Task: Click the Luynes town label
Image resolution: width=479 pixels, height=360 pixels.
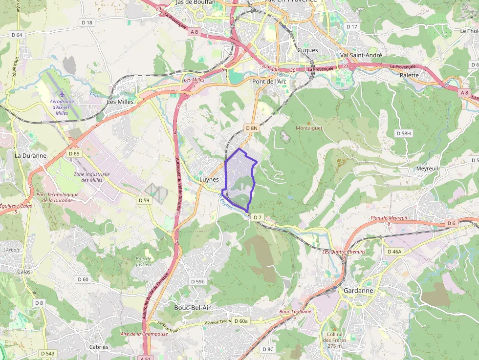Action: pyautogui.click(x=209, y=179)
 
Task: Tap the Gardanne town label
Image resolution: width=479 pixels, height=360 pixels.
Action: pyautogui.click(x=358, y=290)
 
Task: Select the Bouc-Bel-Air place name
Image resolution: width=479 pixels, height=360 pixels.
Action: pyautogui.click(x=193, y=308)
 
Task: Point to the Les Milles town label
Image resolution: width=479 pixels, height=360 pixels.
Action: pyautogui.click(x=120, y=102)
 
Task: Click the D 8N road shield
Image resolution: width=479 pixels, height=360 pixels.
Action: pyautogui.click(x=251, y=128)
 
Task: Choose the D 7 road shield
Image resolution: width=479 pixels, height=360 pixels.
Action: pyautogui.click(x=258, y=217)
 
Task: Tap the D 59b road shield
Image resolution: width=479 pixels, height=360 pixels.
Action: pyautogui.click(x=198, y=281)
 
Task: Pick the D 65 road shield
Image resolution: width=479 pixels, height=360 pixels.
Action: pyautogui.click(x=74, y=153)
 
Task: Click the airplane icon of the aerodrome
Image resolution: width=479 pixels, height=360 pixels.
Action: pyautogui.click(x=62, y=94)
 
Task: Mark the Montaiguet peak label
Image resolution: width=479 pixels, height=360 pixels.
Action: pyautogui.click(x=309, y=128)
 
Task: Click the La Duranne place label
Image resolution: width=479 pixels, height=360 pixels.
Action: pyautogui.click(x=30, y=156)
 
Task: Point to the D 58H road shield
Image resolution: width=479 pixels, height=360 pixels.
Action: pyautogui.click(x=404, y=133)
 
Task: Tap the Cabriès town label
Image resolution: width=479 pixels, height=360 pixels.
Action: pyautogui.click(x=99, y=347)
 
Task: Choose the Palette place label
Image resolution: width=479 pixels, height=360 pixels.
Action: pyautogui.click(x=409, y=75)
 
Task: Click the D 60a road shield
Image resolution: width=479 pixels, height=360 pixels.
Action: pyautogui.click(x=241, y=321)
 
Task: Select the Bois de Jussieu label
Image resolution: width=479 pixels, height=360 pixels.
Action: pyautogui.click(x=143, y=261)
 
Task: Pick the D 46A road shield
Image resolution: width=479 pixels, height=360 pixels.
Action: pyautogui.click(x=394, y=252)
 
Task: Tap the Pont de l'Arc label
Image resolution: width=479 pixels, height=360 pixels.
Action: pyautogui.click(x=269, y=82)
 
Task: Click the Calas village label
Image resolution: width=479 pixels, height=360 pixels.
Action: pyautogui.click(x=23, y=272)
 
